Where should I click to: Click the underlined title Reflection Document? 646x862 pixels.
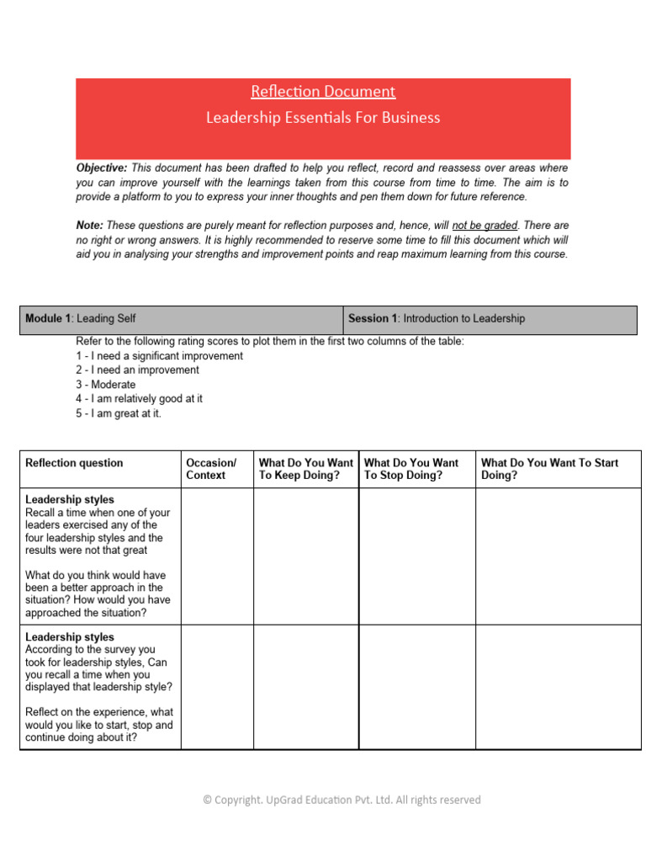coord(323,92)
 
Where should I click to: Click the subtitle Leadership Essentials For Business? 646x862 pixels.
coord(323,118)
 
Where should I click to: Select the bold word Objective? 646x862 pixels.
coord(102,168)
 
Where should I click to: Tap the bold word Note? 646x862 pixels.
coord(89,226)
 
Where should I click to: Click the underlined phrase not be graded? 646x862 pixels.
coord(484,226)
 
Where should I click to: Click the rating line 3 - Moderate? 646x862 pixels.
coord(105,385)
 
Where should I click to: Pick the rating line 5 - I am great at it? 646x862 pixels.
coord(118,413)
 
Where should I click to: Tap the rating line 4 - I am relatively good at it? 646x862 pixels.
coord(139,399)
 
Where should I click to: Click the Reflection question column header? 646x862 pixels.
coord(74,463)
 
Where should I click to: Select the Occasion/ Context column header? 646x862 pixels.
coord(211,469)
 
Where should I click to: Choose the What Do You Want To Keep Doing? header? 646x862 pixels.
coord(305,469)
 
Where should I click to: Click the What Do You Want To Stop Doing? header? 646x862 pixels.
coord(411,469)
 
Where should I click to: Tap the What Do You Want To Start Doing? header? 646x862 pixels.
coord(549,469)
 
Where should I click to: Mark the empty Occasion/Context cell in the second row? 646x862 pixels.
coord(217,687)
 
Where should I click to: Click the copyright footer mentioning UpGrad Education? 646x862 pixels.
coord(342,801)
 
